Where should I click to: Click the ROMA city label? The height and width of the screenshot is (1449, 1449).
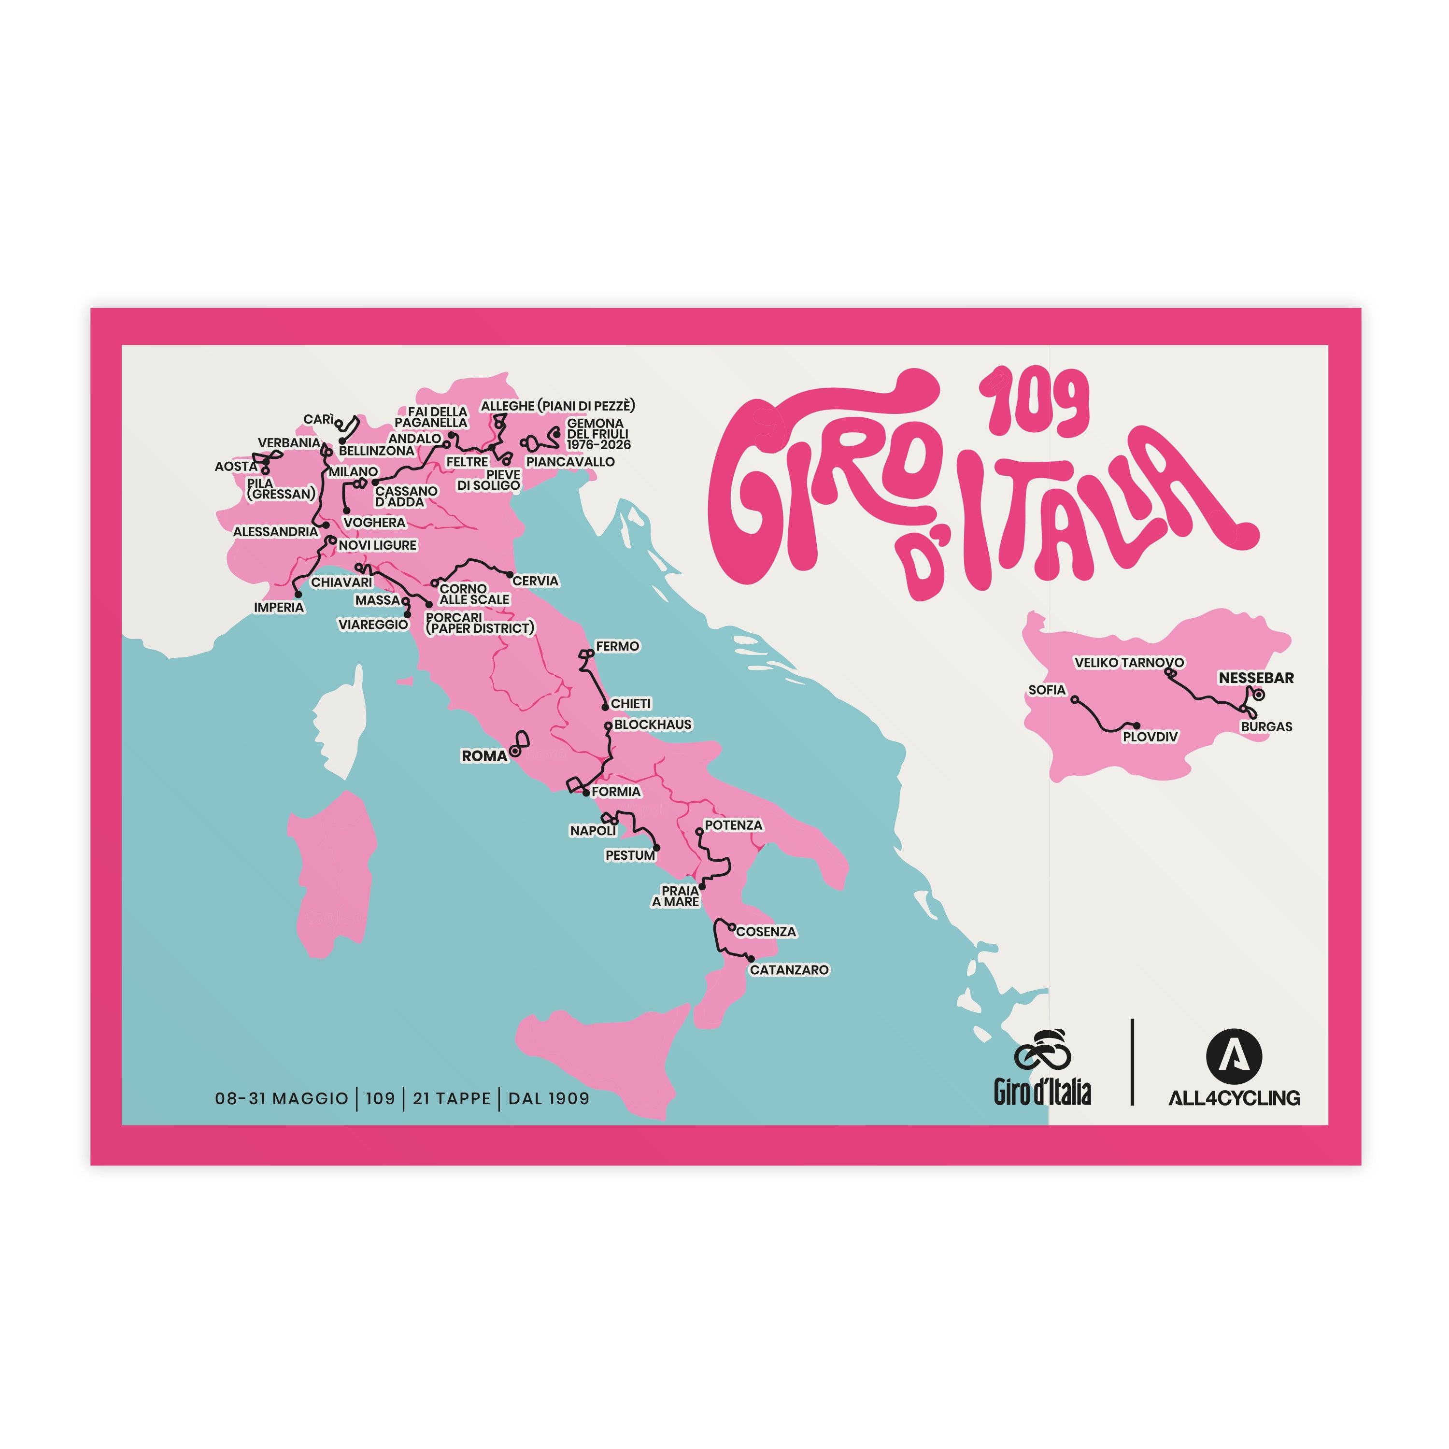[484, 756]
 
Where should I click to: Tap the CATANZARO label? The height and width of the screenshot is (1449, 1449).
[789, 970]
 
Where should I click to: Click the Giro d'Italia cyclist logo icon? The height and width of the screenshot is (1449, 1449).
[1042, 1050]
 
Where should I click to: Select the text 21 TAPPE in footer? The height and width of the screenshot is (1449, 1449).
[452, 1099]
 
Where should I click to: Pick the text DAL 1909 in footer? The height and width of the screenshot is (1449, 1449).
[548, 1099]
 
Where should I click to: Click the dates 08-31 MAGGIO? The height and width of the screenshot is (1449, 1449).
[281, 1099]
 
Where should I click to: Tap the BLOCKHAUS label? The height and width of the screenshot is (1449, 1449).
[653, 724]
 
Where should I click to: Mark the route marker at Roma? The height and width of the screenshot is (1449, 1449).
[515, 751]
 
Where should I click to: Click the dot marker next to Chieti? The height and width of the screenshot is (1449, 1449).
[605, 707]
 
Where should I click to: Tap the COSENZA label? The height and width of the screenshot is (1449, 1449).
[766, 932]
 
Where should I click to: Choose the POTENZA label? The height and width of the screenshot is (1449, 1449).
[733, 825]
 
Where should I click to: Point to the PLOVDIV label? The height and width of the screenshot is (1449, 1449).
[1150, 737]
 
